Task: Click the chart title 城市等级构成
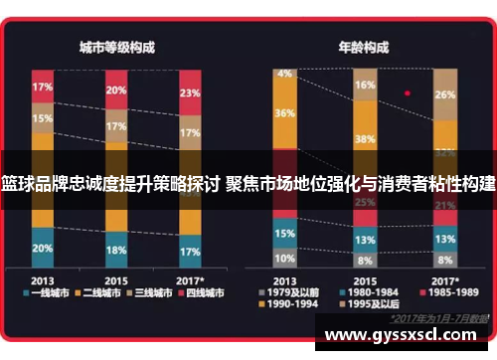117,48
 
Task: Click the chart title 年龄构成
362,48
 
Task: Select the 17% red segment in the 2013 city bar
43,87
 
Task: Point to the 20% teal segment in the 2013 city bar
43,248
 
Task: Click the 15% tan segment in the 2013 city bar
43,119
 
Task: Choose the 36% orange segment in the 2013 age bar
285,114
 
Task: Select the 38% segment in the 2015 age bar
364,138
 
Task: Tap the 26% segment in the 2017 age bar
444,95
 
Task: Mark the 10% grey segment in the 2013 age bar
285,258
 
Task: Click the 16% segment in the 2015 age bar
364,86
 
